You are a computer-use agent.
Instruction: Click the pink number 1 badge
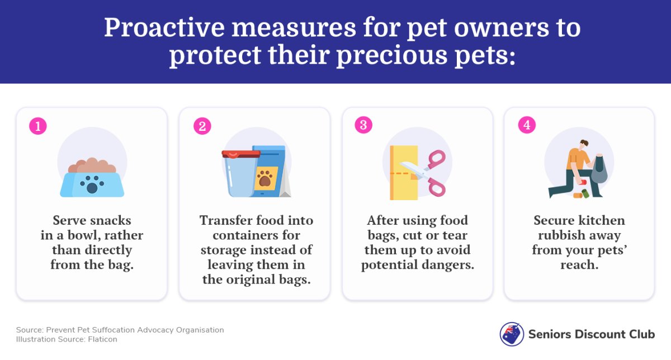click(x=38, y=126)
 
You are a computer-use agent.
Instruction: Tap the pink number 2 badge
click(x=202, y=126)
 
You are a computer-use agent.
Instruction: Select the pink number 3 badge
click(x=363, y=125)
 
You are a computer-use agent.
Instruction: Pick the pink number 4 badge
click(x=527, y=125)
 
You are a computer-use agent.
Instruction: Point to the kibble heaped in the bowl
click(x=92, y=165)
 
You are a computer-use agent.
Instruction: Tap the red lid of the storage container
click(x=241, y=154)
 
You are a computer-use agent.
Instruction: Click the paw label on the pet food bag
click(x=266, y=178)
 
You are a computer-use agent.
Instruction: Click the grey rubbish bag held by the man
click(x=599, y=169)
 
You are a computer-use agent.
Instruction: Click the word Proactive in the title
click(x=164, y=27)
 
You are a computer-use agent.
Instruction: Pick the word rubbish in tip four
click(x=561, y=235)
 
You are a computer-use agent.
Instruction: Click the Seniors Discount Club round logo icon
click(x=512, y=334)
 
